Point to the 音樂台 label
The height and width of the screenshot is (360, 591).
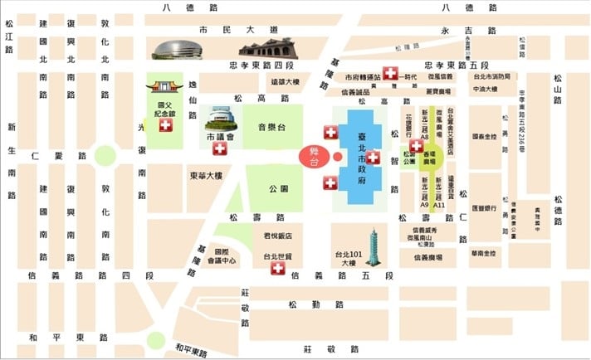272,127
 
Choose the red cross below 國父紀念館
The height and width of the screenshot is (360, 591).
165,125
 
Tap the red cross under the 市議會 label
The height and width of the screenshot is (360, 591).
219,148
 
